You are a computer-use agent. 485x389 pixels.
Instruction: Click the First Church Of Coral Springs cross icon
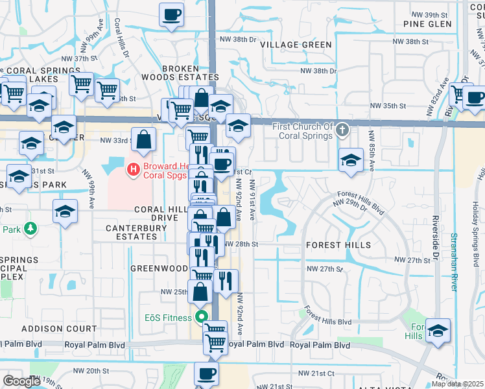point(344,132)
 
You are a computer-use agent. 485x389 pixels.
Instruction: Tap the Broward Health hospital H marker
point(134,170)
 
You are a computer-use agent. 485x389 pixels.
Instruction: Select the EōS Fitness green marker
point(201,317)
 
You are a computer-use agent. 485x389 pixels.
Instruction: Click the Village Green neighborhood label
point(296,45)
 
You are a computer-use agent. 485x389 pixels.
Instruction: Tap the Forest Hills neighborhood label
point(338,245)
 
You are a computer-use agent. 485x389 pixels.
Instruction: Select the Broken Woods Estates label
point(189,73)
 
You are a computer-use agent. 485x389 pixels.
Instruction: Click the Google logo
point(21,381)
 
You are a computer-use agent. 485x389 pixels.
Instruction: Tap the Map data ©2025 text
point(458,384)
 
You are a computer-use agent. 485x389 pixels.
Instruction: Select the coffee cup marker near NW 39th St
point(172,14)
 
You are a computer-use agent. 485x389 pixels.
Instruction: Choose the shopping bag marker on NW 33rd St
point(144,139)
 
